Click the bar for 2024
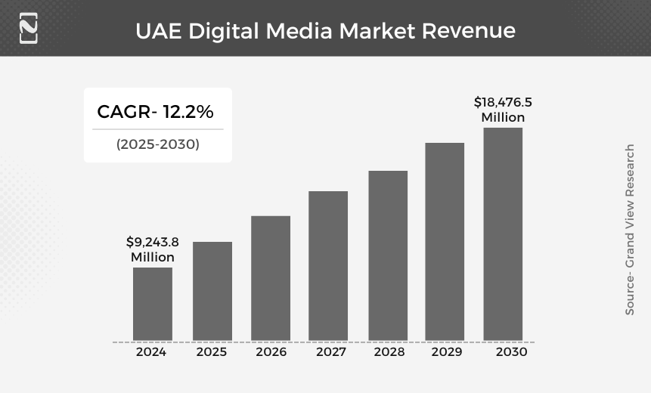[153, 304]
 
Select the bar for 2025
[212, 291]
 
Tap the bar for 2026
[271, 278]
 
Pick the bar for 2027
[328, 265]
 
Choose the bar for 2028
[388, 255]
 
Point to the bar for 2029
[445, 241]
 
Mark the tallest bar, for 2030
[503, 234]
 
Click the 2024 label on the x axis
[151, 352]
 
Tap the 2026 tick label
[271, 352]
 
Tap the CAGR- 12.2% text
[156, 112]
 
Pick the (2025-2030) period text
[158, 144]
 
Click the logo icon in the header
[28, 28]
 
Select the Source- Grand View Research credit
[629, 230]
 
